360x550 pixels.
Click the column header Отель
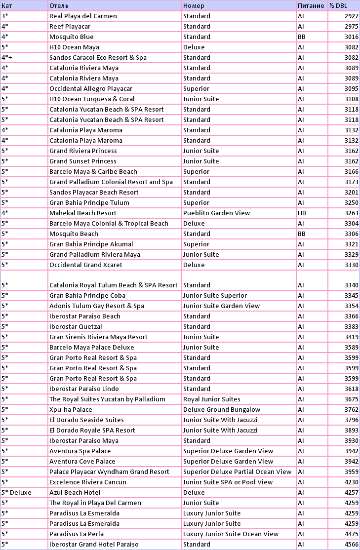(55, 6)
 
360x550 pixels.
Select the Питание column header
(311, 6)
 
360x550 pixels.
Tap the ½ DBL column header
(339, 6)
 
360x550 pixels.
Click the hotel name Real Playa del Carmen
(83, 16)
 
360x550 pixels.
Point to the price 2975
(351, 27)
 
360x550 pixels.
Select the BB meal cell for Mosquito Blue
(302, 37)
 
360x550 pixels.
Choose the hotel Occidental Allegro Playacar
(92, 89)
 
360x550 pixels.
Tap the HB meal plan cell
(302, 213)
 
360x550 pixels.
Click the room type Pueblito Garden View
(216, 213)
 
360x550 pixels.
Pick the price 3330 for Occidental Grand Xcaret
(351, 265)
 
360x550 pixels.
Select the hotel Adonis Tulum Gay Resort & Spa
(97, 306)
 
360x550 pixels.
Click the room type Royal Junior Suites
(211, 399)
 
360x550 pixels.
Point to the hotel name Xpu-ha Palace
(71, 410)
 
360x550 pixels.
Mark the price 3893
(351, 431)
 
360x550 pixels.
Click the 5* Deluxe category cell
(16, 493)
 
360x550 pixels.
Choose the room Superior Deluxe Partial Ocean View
(237, 472)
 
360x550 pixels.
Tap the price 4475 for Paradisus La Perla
(351, 534)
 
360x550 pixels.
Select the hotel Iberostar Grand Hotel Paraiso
(94, 545)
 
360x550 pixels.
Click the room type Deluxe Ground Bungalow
(221, 410)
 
